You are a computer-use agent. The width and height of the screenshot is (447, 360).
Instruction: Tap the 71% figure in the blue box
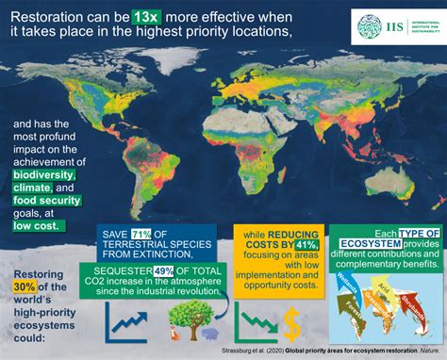click(x=140, y=235)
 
